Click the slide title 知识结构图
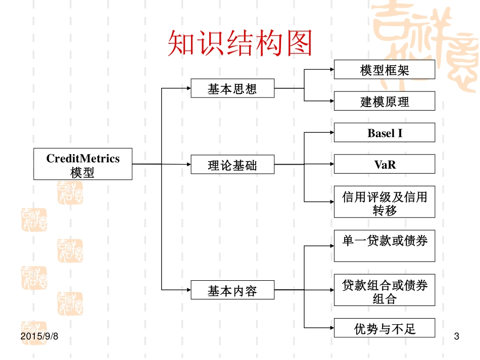click(x=239, y=44)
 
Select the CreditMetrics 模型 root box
click(x=83, y=164)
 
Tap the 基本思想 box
click(x=232, y=88)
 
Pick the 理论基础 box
click(x=232, y=165)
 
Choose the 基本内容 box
click(x=232, y=290)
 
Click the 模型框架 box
click(x=384, y=70)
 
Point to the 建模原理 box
click(x=384, y=101)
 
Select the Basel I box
click(x=384, y=133)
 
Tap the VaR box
click(x=384, y=164)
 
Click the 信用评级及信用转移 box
click(x=384, y=202)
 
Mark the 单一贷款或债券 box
click(x=384, y=246)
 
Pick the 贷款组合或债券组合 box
click(x=384, y=290)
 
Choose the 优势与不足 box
click(x=384, y=328)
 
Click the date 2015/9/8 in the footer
click(x=40, y=336)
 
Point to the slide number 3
click(x=457, y=336)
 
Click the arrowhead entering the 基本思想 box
click(x=187, y=88)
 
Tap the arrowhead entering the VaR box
click(x=330, y=164)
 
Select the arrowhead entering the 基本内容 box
click(x=187, y=290)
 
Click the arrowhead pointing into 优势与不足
click(x=330, y=328)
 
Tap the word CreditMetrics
click(x=83, y=159)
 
